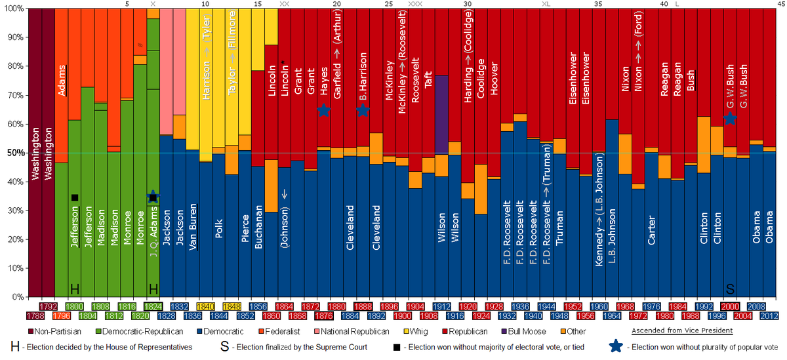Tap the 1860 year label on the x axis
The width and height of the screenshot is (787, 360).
coord(271,316)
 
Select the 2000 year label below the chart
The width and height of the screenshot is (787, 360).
coord(730,306)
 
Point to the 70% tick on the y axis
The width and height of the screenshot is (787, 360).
coord(13,95)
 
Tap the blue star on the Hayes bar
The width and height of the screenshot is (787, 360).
coord(323,110)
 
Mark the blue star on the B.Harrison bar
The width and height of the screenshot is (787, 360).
coord(363,110)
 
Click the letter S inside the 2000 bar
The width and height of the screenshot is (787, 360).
coord(730,289)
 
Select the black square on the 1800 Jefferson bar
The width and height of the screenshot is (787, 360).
coord(75,197)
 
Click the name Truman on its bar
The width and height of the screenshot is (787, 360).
coord(559,228)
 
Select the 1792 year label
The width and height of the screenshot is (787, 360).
coord(48,306)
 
